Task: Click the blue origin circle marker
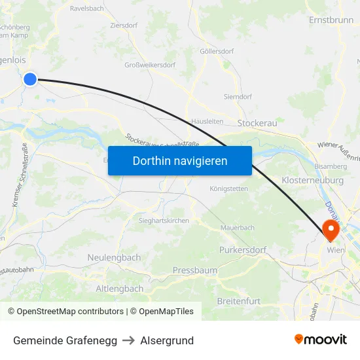[x=30, y=79]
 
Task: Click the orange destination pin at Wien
[x=329, y=228]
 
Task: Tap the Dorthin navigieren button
[x=180, y=160]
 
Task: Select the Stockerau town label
[x=258, y=122]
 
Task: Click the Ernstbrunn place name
[x=331, y=20]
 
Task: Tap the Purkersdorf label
[x=243, y=250]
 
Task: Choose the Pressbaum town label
[x=194, y=270]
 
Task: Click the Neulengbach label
[x=114, y=258]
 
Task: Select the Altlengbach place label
[x=120, y=289]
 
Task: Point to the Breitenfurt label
[x=238, y=301]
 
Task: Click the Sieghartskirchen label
[x=164, y=221]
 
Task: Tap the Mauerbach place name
[x=237, y=228]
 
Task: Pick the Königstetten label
[x=228, y=189]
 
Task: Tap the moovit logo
[x=321, y=339]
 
